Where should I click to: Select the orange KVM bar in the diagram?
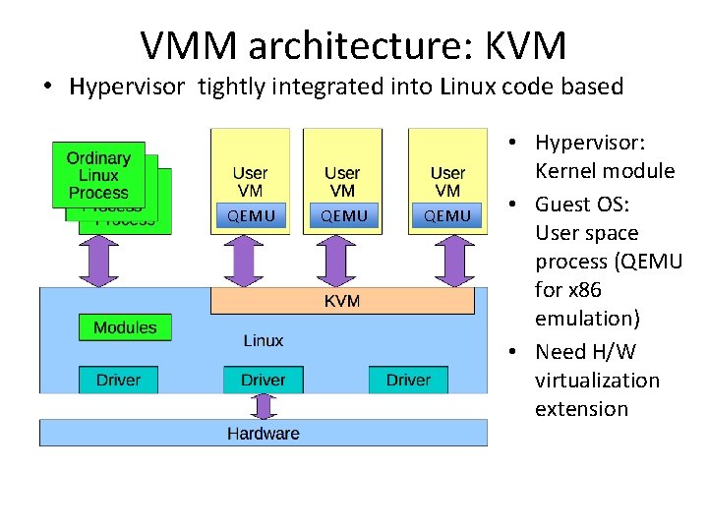point(342,300)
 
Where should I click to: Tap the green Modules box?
point(125,327)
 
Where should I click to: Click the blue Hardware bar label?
point(263,433)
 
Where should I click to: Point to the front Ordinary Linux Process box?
point(98,175)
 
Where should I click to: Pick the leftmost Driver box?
point(118,380)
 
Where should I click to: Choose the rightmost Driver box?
point(408,380)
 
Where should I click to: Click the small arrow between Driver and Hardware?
point(263,406)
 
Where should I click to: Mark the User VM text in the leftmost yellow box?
point(250,182)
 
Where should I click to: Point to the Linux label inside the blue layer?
point(263,340)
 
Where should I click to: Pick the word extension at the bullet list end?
point(581,408)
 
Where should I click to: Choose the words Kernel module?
point(605,171)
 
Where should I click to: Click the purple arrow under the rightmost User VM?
point(454,262)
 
